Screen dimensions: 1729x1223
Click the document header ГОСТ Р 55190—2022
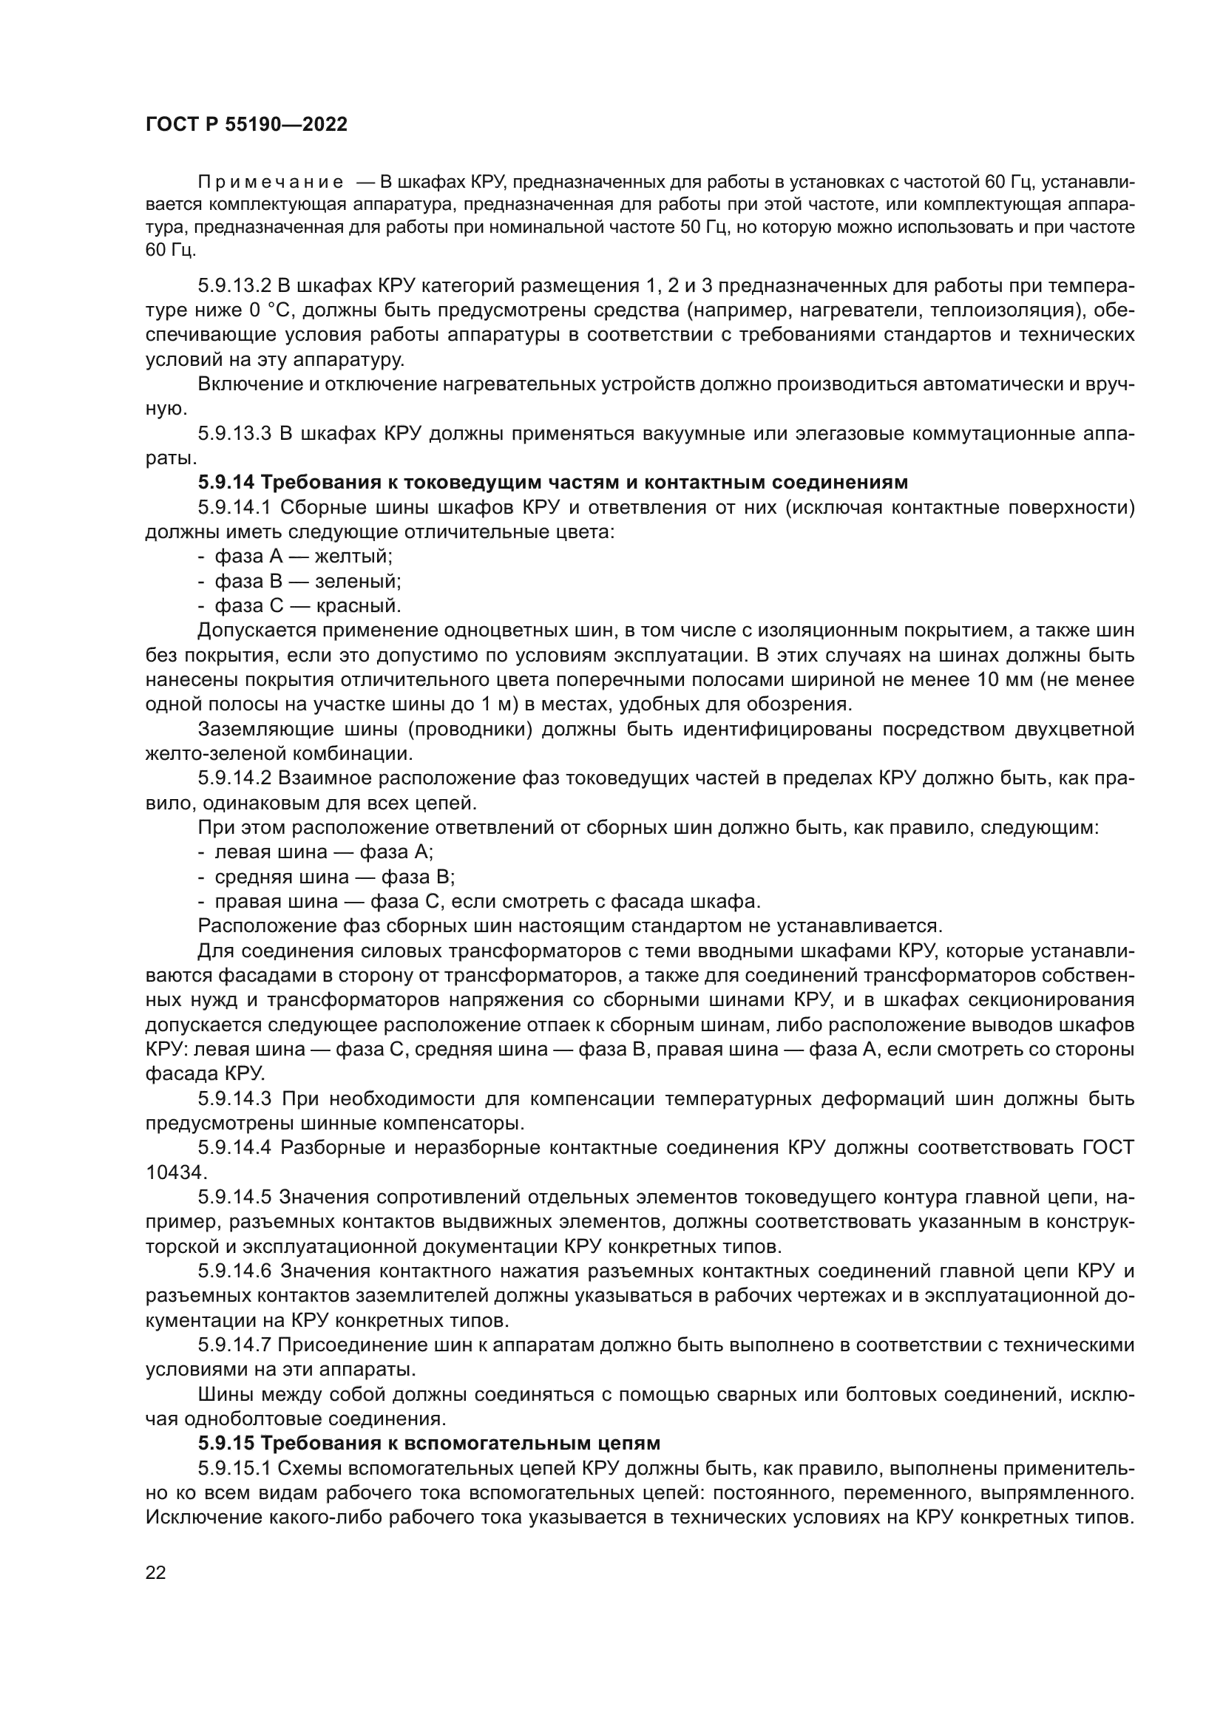[246, 125]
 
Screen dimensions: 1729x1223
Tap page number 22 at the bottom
[156, 1572]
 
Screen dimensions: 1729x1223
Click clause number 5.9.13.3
[234, 434]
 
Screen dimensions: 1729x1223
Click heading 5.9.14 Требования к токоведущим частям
[553, 482]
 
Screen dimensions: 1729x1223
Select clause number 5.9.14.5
[234, 1198]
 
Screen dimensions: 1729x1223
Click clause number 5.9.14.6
[234, 1271]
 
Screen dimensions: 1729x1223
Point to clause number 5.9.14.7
[234, 1345]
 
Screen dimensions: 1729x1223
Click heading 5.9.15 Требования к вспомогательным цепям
[430, 1443]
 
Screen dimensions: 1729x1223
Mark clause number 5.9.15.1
[234, 1469]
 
